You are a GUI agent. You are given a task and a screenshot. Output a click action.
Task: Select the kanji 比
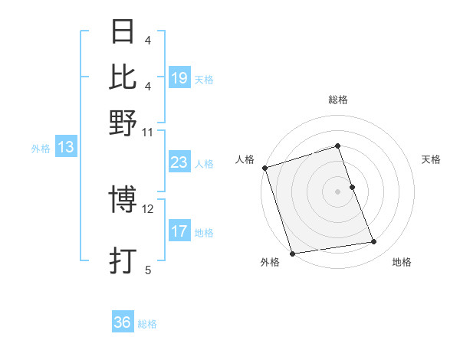pyautogui.click(x=123, y=77)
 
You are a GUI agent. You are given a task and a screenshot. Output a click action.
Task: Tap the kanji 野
pyautogui.click(x=123, y=122)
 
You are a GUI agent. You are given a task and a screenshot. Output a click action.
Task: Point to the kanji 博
pyautogui.click(x=123, y=201)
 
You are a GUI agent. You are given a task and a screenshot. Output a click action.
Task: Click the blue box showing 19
pyautogui.click(x=179, y=78)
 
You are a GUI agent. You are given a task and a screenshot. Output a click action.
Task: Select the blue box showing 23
pyautogui.click(x=179, y=162)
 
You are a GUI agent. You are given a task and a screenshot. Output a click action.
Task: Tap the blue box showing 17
pyautogui.click(x=179, y=231)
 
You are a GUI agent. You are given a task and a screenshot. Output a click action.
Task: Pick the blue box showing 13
pyautogui.click(x=66, y=148)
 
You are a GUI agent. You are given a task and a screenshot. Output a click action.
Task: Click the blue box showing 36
pyautogui.click(x=123, y=322)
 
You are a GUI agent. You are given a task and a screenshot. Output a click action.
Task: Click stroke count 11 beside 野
pyautogui.click(x=148, y=131)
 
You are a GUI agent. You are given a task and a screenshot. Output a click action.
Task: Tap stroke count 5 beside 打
pyautogui.click(x=148, y=269)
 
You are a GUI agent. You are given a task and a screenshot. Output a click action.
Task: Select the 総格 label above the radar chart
pyautogui.click(x=338, y=100)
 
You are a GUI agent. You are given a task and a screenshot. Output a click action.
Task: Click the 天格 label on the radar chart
pyautogui.click(x=431, y=159)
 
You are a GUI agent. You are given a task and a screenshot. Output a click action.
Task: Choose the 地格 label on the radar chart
pyautogui.click(x=402, y=263)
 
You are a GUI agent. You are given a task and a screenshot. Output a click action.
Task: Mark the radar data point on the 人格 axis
pyautogui.click(x=265, y=168)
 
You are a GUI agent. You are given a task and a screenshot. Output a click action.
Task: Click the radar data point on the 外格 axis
pyautogui.click(x=293, y=253)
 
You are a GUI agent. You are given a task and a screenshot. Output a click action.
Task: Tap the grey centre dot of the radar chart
pyautogui.click(x=338, y=191)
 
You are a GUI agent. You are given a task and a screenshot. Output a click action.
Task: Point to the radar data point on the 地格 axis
pyautogui.click(x=374, y=242)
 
